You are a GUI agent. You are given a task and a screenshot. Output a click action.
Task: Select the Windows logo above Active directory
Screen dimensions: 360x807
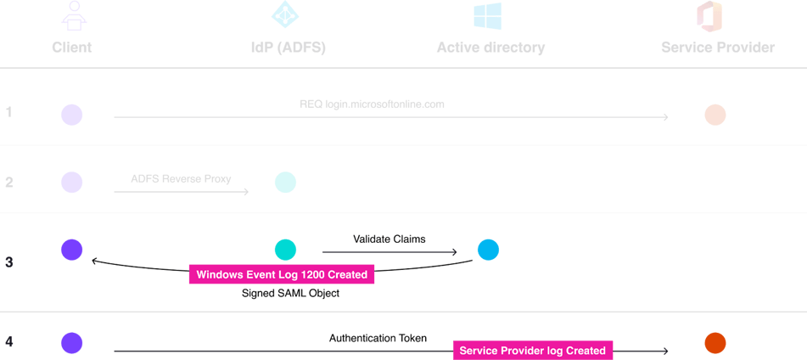point(487,16)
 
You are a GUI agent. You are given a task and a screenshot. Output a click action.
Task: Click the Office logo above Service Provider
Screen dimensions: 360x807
point(709,16)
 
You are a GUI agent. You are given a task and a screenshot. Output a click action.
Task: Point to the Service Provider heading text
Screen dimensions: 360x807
point(717,48)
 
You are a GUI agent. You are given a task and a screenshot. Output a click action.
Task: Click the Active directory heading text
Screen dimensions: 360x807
point(490,48)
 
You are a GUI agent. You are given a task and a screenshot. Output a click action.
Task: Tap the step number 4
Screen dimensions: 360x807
point(9,342)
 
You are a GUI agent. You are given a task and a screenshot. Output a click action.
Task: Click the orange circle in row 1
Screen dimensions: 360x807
point(715,115)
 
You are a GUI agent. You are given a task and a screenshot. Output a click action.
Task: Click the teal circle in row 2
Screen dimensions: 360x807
point(286,182)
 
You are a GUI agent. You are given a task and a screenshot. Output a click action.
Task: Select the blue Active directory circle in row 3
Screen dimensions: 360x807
point(488,250)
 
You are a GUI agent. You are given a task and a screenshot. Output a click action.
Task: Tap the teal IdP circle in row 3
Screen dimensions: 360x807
point(286,250)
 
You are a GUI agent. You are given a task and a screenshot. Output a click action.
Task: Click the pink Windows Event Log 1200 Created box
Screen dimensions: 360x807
point(282,275)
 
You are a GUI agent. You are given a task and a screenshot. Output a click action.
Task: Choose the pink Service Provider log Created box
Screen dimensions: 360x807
point(532,350)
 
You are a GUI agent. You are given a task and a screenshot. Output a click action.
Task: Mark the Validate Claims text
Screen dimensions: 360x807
point(389,239)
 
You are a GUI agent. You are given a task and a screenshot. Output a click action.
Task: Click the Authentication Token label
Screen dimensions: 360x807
point(378,338)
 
